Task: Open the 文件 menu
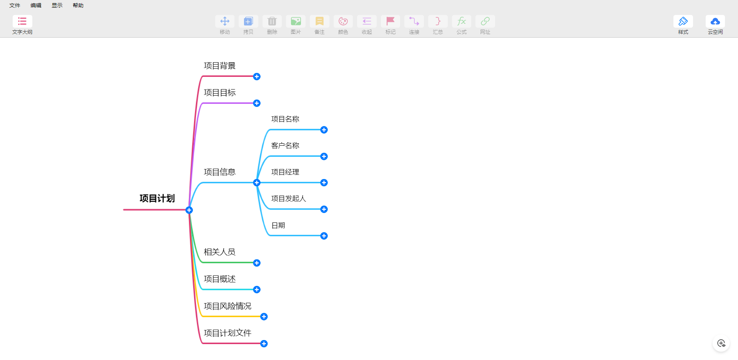tap(15, 5)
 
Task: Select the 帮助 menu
tap(78, 5)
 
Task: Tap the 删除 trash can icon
tap(272, 21)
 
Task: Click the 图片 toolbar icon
tap(296, 21)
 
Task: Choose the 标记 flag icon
tap(391, 21)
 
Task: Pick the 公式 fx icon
tap(462, 21)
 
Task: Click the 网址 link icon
tap(485, 21)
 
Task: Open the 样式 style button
tap(683, 21)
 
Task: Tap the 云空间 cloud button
tap(715, 21)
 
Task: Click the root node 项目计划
tap(157, 198)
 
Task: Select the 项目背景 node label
tap(219, 66)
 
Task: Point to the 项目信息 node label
tap(219, 172)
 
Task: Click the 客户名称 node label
tap(285, 145)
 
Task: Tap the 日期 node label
tap(278, 225)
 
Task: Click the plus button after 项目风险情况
tap(264, 317)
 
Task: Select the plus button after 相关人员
tap(257, 263)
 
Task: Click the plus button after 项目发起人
tap(324, 209)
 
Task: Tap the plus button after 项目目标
tap(257, 103)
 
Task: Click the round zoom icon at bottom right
tap(721, 343)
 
